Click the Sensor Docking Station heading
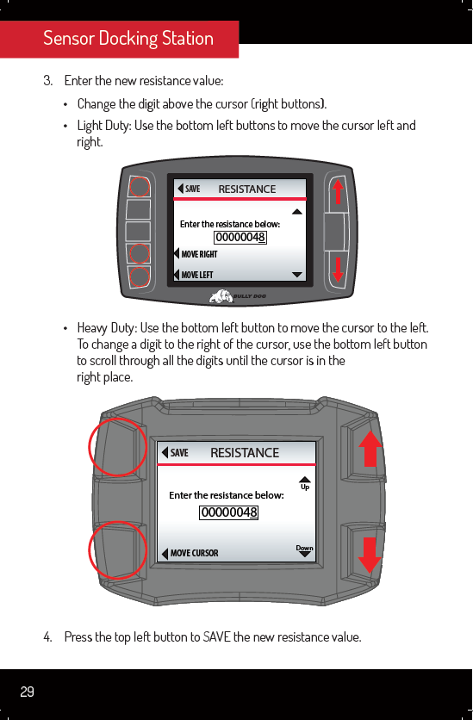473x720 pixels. pos(128,38)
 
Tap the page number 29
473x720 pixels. pos(27,692)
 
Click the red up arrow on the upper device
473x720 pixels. pos(338,191)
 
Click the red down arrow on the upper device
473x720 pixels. pos(338,270)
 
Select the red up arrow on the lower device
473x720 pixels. pos(370,449)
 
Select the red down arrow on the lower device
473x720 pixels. pos(370,556)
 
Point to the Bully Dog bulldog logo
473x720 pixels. pos(221,296)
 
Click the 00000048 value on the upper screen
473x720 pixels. pos(240,238)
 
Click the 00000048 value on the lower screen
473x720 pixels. pos(228,512)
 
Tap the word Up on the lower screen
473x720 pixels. pos(305,487)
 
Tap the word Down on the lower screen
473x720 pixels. pos(304,548)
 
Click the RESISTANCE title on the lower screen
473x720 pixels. pos(245,453)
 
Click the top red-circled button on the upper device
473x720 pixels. pos(140,187)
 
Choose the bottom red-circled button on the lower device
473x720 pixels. pos(117,550)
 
